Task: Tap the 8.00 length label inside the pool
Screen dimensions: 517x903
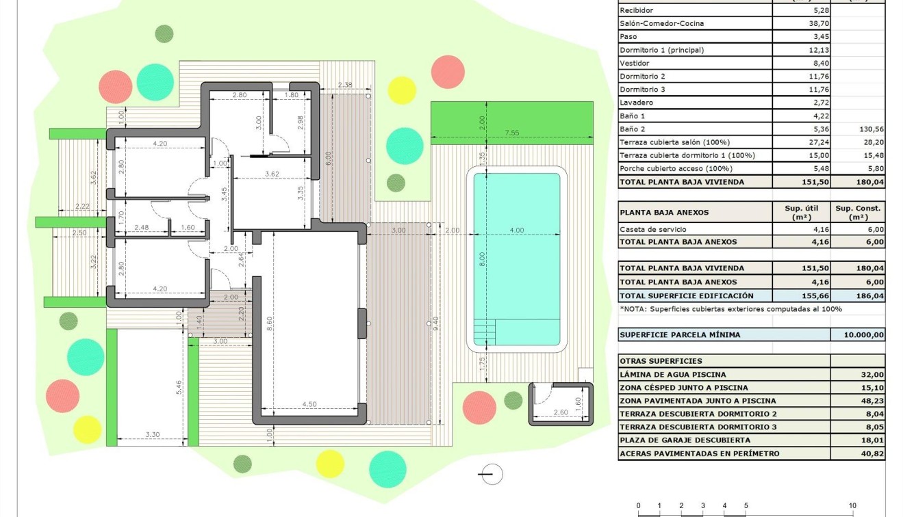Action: click(x=482, y=259)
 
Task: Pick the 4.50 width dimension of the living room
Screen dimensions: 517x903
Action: click(x=309, y=404)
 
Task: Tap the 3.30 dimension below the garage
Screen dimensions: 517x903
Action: click(x=152, y=434)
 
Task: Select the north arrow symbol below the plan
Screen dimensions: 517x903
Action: click(x=491, y=474)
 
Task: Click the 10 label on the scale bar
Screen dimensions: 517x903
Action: click(x=852, y=506)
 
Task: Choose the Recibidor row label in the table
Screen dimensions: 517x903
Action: click(x=637, y=10)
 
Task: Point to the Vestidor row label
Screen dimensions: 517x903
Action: click(x=635, y=63)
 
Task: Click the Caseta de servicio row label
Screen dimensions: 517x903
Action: click(x=652, y=230)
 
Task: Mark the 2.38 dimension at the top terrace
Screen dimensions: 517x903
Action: click(x=345, y=85)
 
